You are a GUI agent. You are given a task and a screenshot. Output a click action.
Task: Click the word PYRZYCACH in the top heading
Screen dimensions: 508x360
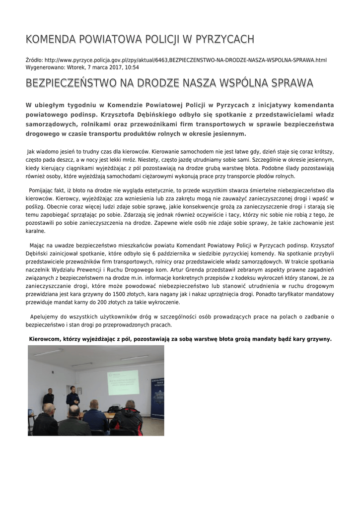[225, 39]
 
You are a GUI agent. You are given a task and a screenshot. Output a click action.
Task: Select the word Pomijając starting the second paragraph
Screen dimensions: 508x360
[43, 190]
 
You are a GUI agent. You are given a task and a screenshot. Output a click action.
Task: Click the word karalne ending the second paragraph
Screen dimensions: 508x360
[35, 231]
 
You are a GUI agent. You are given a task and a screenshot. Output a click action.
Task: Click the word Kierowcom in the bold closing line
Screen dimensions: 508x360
[44, 339]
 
